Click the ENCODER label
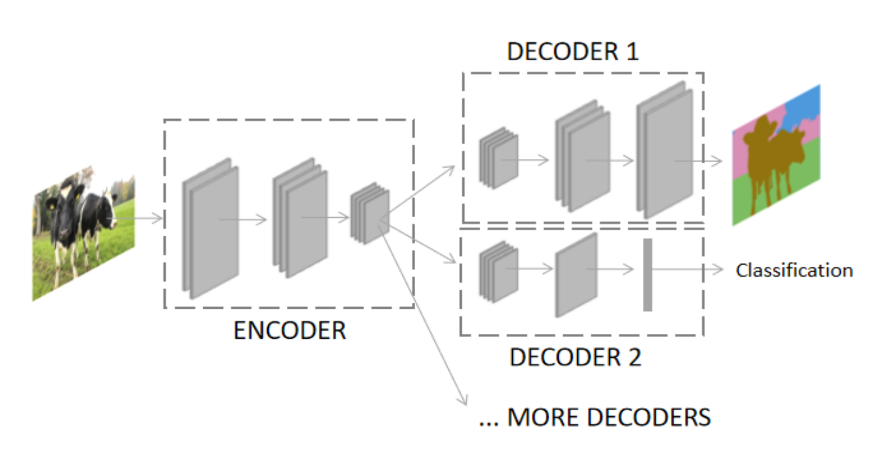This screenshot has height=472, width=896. (290, 330)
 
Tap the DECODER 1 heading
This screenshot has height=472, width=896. (573, 52)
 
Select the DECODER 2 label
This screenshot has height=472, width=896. (575, 357)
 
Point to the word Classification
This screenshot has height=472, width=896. (795, 271)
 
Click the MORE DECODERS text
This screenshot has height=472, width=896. (609, 417)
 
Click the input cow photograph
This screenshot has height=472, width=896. (84, 233)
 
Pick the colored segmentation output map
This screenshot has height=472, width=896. (776, 155)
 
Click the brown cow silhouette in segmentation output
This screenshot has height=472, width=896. (773, 160)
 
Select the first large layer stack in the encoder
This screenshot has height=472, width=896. (211, 228)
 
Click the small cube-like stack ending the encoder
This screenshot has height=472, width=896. (370, 213)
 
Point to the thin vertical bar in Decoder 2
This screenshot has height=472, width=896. (648, 274)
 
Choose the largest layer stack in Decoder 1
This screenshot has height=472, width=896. (665, 150)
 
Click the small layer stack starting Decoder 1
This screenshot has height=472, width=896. (499, 158)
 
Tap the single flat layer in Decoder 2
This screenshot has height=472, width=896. (577, 275)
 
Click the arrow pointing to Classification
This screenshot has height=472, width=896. (687, 269)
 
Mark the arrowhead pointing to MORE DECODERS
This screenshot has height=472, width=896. (463, 399)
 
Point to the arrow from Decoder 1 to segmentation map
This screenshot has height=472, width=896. (698, 161)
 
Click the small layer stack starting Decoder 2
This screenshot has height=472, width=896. (499, 272)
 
